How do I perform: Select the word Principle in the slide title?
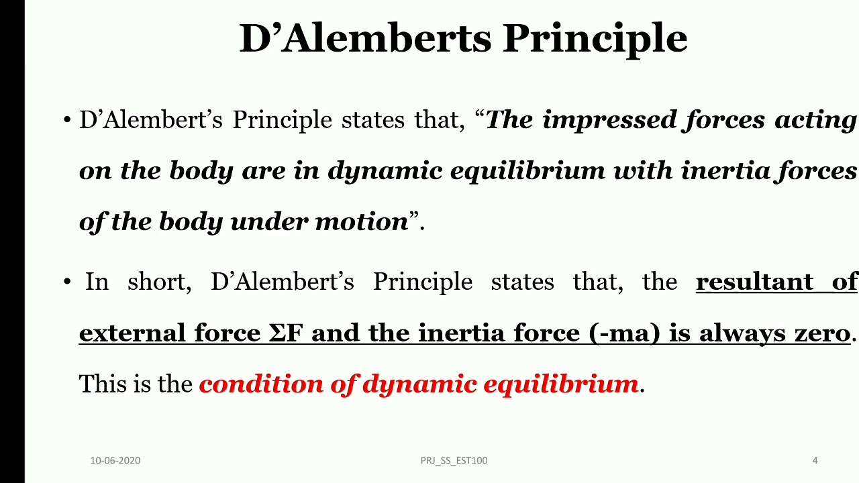click(x=595, y=38)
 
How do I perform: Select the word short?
click(x=159, y=282)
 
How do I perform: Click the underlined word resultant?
click(x=754, y=282)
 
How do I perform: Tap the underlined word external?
click(x=132, y=333)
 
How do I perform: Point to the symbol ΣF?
click(x=286, y=333)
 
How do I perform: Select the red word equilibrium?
click(x=560, y=384)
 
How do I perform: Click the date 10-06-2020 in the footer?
click(x=115, y=460)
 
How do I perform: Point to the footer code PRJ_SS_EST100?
click(x=454, y=460)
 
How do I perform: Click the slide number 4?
click(x=815, y=460)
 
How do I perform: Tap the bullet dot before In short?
click(x=67, y=282)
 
